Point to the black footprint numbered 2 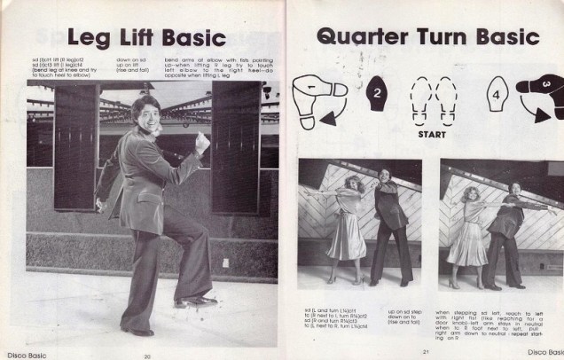pos(376,91)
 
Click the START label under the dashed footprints pos(432,136)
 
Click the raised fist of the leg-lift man pos(203,141)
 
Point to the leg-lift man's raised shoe pos(195,302)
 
